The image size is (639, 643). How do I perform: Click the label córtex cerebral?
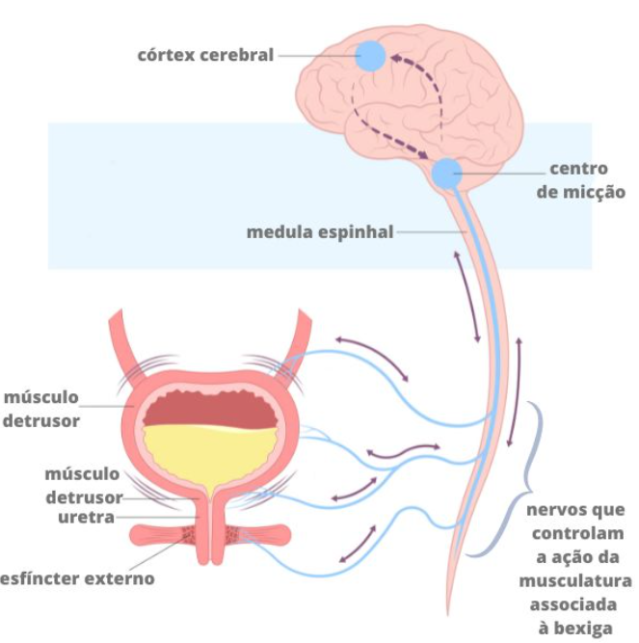click(x=205, y=55)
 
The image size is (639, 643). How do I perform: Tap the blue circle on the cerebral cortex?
click(x=370, y=55)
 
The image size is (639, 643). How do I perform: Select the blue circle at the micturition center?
click(x=446, y=174)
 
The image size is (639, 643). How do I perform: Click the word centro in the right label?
click(x=578, y=170)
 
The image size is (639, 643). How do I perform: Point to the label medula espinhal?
click(x=320, y=232)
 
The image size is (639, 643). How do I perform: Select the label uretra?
click(x=85, y=518)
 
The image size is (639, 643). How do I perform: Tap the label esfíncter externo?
click(x=77, y=579)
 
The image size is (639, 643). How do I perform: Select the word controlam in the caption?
click(x=575, y=534)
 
